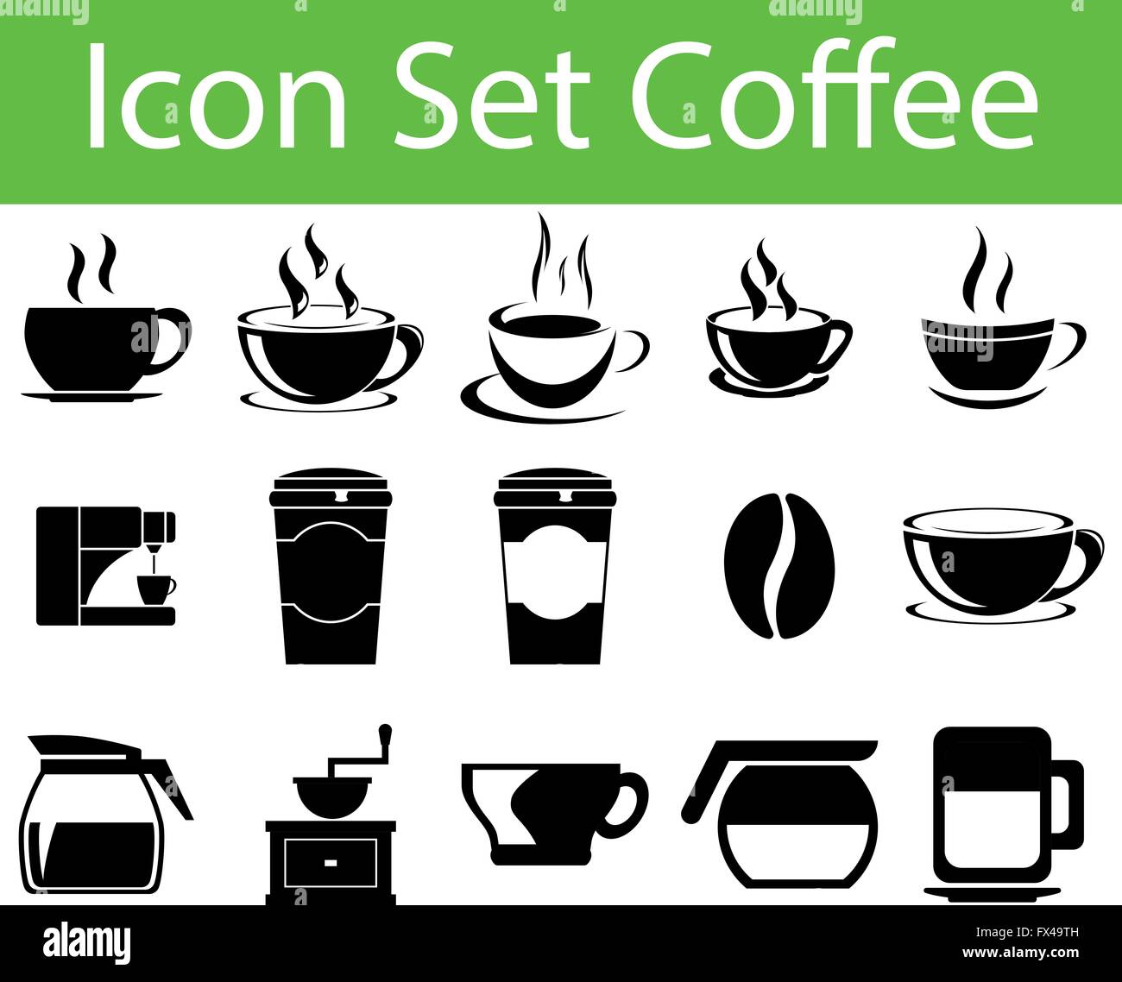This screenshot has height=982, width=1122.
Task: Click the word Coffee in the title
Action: [835, 92]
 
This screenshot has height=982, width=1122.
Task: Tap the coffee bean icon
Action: [779, 565]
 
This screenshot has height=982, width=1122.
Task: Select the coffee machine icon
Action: [106, 566]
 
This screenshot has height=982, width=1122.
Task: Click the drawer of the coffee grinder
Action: [331, 863]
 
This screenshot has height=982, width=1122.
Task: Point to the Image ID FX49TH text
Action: [1027, 932]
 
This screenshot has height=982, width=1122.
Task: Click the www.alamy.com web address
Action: [1020, 953]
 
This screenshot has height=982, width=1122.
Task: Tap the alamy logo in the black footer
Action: [86, 942]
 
